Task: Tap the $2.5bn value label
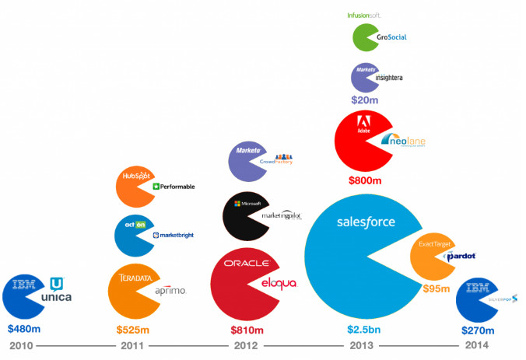365,329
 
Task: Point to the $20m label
365,100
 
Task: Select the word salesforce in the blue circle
366,222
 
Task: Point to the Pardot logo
461,256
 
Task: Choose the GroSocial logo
391,37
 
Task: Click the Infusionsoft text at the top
363,15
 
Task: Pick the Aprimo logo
170,290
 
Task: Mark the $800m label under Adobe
365,180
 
